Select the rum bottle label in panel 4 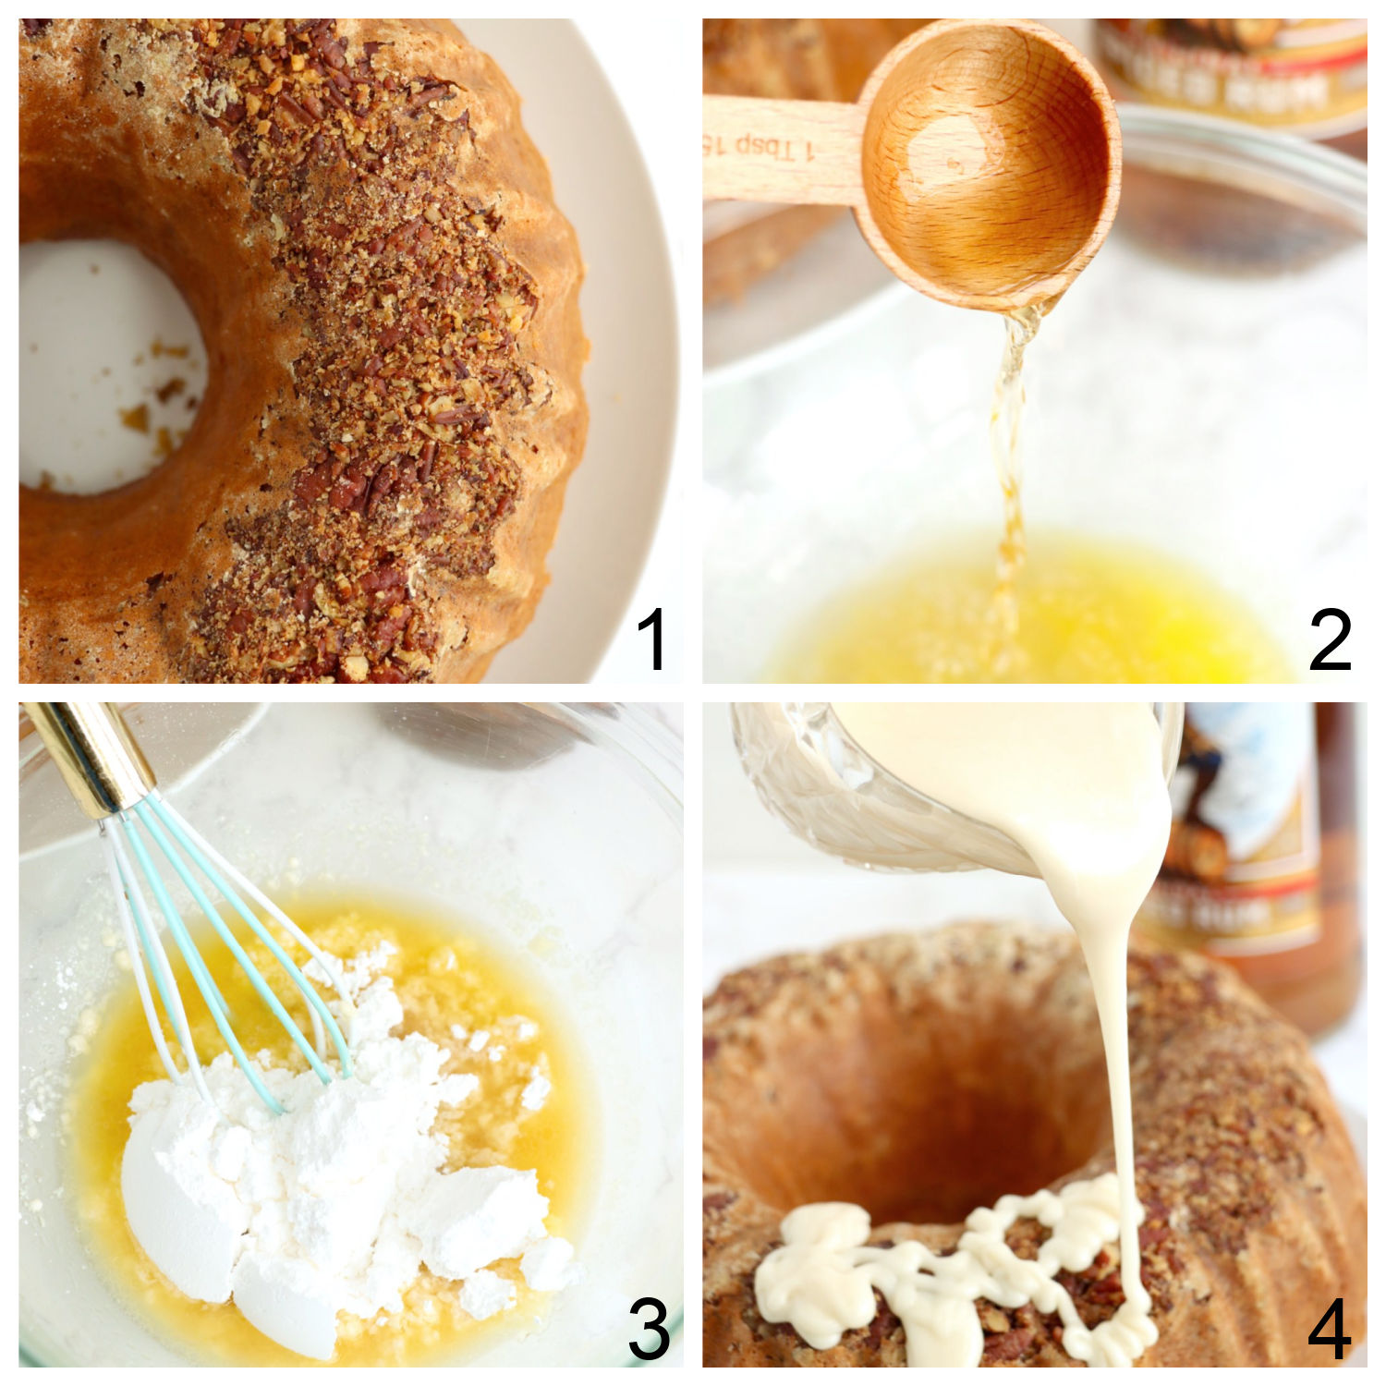coord(1247,832)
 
